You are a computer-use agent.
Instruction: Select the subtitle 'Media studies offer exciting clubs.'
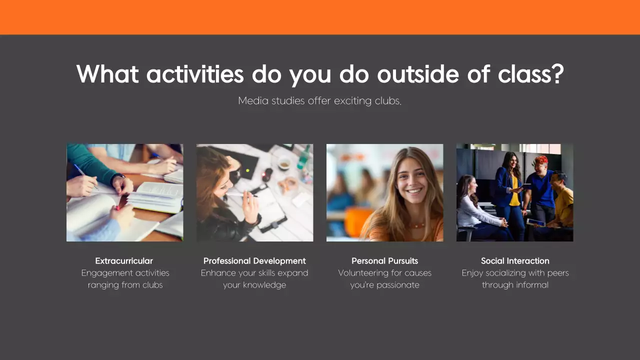pyautogui.click(x=320, y=100)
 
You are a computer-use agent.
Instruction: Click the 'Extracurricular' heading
pyautogui.click(x=124, y=260)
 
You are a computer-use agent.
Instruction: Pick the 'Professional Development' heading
pyautogui.click(x=254, y=260)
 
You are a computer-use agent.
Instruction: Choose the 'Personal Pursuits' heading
pyautogui.click(x=384, y=260)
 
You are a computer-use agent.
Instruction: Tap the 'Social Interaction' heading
pyautogui.click(x=515, y=260)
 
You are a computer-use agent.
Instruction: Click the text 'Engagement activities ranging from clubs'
pyautogui.click(x=125, y=279)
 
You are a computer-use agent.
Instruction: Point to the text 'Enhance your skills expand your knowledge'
pyautogui.click(x=254, y=279)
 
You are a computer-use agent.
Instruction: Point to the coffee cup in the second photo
pyautogui.click(x=284, y=163)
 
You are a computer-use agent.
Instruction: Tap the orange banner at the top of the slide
pyautogui.click(x=320, y=17)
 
